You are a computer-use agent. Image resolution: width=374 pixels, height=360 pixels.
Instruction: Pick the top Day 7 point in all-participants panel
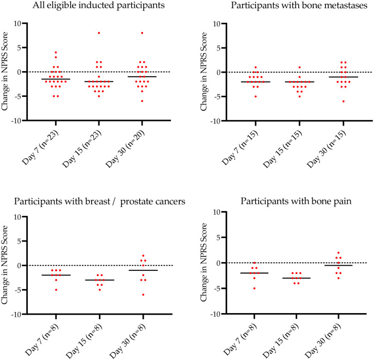(x=56, y=53)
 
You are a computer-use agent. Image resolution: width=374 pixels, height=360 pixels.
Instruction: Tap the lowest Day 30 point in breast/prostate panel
(x=142, y=295)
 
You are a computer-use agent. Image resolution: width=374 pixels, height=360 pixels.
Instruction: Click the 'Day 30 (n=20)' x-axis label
(x=132, y=148)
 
